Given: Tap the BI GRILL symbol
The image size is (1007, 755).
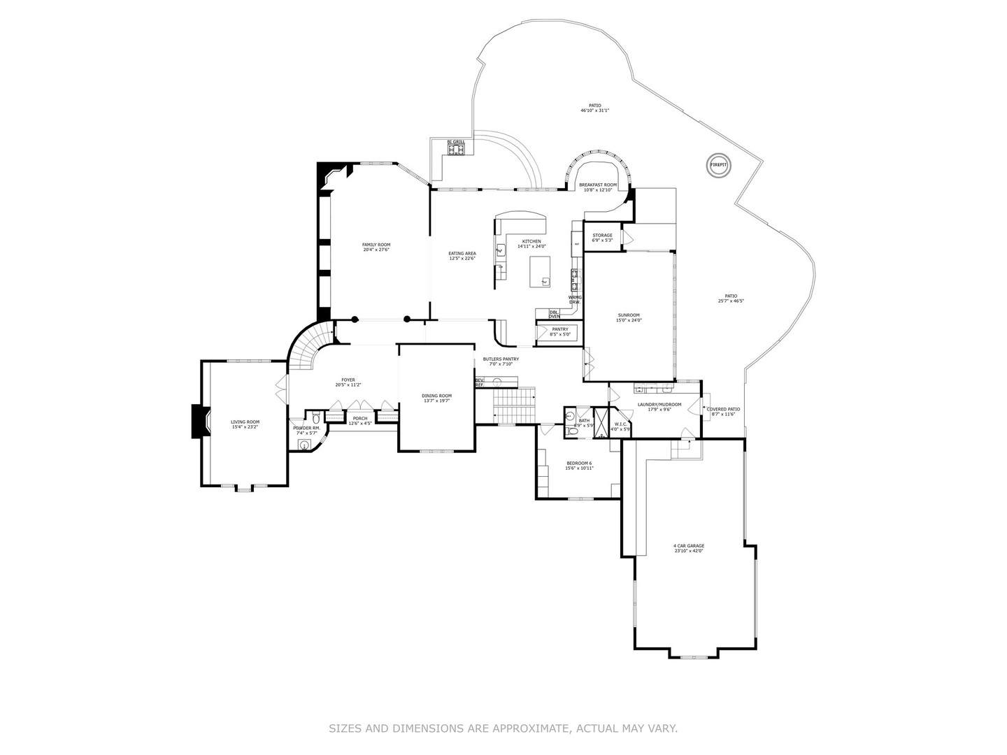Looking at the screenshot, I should pos(457,148).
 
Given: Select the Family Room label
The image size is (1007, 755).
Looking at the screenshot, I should pos(376,247).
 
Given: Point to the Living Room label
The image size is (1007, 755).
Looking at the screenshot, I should pos(245,424).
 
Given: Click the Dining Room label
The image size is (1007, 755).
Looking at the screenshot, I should pos(436,398).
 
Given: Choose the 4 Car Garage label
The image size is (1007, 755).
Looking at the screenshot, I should pos(689,549).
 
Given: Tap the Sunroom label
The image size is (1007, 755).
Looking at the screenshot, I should pos(628,318).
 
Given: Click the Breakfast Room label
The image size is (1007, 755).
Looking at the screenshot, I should pos(598,187).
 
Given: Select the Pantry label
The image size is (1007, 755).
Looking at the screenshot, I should pos(560,331).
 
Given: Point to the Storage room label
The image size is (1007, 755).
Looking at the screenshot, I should pos(602,238).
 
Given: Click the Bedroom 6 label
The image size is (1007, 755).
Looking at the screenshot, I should pos(579,466).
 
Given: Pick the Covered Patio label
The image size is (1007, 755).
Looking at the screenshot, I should pos(723,412).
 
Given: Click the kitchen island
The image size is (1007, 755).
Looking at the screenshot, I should pos(539,271).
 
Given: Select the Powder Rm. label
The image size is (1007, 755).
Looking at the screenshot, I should pos(306,431).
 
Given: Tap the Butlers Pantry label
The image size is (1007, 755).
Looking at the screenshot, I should pos(501,361).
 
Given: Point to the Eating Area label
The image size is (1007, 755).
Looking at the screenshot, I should pos(462,256).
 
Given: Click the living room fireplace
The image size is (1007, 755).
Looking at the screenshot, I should pos(198,422).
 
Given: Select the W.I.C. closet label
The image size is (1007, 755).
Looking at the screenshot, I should pos(621,426).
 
